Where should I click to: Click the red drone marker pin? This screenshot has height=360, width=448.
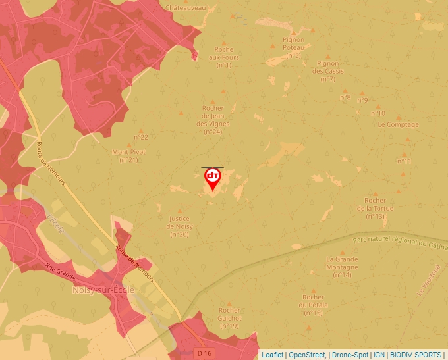click(213, 178)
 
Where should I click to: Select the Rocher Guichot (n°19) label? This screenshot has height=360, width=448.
click(229, 318)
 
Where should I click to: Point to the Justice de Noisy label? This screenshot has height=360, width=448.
click(179, 226)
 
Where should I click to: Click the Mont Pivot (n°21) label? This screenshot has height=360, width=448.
click(128, 156)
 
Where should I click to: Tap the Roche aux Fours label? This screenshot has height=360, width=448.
click(224, 57)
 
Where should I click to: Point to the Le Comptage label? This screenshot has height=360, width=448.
click(398, 125)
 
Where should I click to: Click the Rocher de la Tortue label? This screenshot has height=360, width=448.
click(375, 208)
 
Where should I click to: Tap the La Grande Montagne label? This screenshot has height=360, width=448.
click(342, 267)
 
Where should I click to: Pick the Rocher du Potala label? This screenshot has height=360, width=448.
click(313, 305)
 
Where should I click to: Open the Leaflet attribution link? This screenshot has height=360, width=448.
click(272, 355)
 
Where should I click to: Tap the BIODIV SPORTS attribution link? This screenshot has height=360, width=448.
click(416, 355)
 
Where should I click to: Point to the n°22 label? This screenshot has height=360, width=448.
click(141, 137)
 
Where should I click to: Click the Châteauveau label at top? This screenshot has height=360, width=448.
click(186, 7)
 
